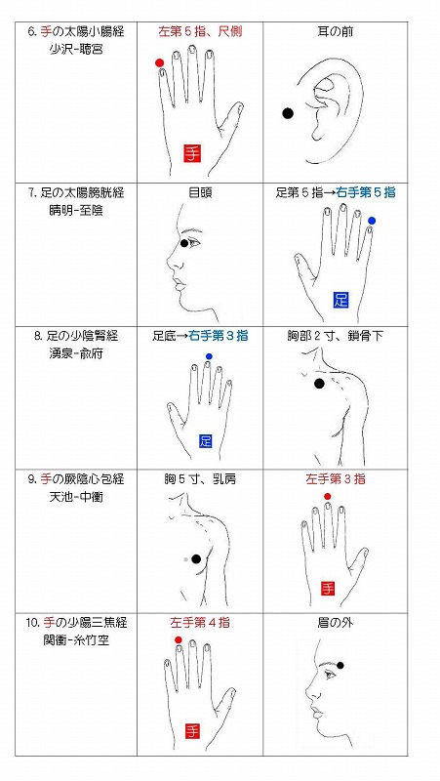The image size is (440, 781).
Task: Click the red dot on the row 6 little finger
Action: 159,63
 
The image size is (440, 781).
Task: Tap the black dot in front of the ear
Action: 288,113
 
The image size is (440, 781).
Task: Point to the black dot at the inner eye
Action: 183,243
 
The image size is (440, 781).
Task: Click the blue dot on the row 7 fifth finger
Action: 372,222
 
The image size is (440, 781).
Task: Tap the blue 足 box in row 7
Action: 340,299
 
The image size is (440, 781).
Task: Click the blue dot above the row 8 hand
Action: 209,356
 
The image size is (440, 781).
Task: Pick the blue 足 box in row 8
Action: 206,441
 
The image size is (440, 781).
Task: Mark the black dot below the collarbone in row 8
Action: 319,384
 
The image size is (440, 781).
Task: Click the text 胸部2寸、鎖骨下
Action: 335,336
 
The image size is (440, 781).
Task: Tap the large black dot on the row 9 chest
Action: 196,558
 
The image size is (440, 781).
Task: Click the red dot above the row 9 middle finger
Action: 327,497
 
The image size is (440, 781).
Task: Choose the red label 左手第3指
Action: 335,478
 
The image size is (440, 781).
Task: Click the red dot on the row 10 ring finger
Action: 178,640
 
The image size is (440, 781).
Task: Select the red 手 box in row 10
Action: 192,729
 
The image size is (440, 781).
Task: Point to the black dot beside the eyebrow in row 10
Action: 340,665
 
